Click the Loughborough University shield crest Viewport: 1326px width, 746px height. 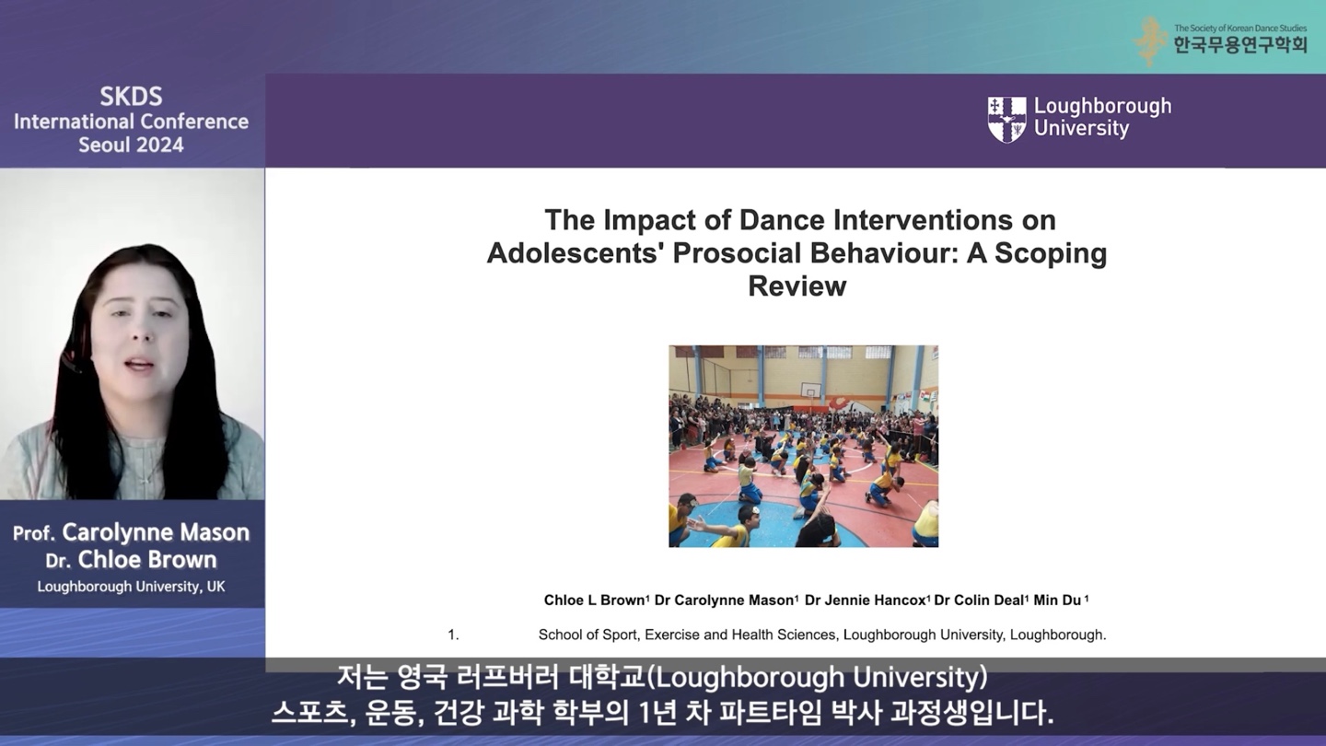click(x=1006, y=120)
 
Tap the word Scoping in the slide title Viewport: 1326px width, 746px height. click(x=1051, y=252)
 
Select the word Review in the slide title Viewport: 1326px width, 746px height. click(x=797, y=286)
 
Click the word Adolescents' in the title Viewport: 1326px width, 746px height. click(x=574, y=252)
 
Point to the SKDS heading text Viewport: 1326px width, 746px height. click(x=131, y=97)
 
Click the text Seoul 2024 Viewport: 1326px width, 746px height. click(x=132, y=146)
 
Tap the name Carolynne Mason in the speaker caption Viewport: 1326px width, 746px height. click(x=156, y=532)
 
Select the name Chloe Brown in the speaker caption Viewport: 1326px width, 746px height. click(x=146, y=560)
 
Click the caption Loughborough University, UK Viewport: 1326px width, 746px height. click(x=132, y=587)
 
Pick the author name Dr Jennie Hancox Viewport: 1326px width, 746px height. click(x=865, y=600)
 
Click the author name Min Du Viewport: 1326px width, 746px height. click(x=1057, y=600)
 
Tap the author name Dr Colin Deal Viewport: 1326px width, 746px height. click(x=979, y=600)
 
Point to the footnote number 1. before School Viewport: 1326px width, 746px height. click(x=453, y=635)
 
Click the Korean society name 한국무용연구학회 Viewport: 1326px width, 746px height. click(x=1240, y=45)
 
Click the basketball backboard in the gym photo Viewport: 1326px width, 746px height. click(x=809, y=390)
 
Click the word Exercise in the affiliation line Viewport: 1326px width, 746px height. click(x=672, y=635)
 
